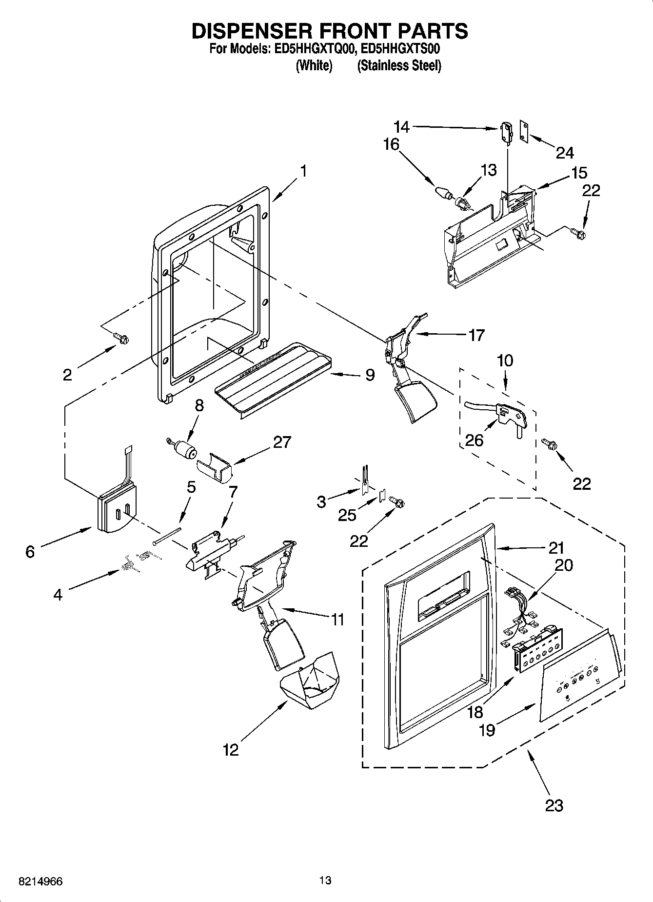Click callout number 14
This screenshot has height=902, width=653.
pos(401,127)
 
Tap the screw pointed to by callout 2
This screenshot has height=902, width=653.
pos(121,337)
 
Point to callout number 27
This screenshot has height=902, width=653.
pos(282,442)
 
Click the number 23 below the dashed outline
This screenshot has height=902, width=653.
pos(554,805)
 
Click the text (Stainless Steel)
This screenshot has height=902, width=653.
pos(399,66)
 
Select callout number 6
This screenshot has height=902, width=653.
pos(30,551)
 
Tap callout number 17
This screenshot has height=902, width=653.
pos(476,335)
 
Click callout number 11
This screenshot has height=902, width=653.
pos(337,620)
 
